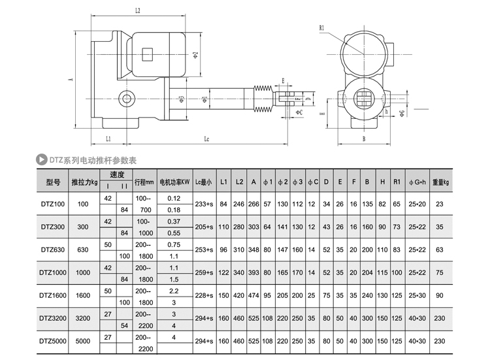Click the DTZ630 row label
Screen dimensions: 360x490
coord(53,249)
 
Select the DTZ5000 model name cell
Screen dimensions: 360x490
coord(53,340)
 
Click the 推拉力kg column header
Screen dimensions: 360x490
coord(84,182)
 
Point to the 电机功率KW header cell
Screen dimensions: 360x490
coord(174,182)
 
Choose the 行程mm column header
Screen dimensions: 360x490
coord(143,182)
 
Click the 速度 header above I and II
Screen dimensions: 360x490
coord(116,175)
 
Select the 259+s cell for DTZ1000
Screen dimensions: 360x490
coord(204,272)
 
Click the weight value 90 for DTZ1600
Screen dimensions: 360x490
coord(440,295)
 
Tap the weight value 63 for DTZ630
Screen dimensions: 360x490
coord(440,249)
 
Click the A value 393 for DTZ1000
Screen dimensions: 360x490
coord(253,272)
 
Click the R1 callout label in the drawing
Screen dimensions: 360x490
coord(323,28)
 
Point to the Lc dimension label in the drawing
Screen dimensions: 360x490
coord(206,139)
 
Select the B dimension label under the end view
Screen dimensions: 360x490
coord(363,139)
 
